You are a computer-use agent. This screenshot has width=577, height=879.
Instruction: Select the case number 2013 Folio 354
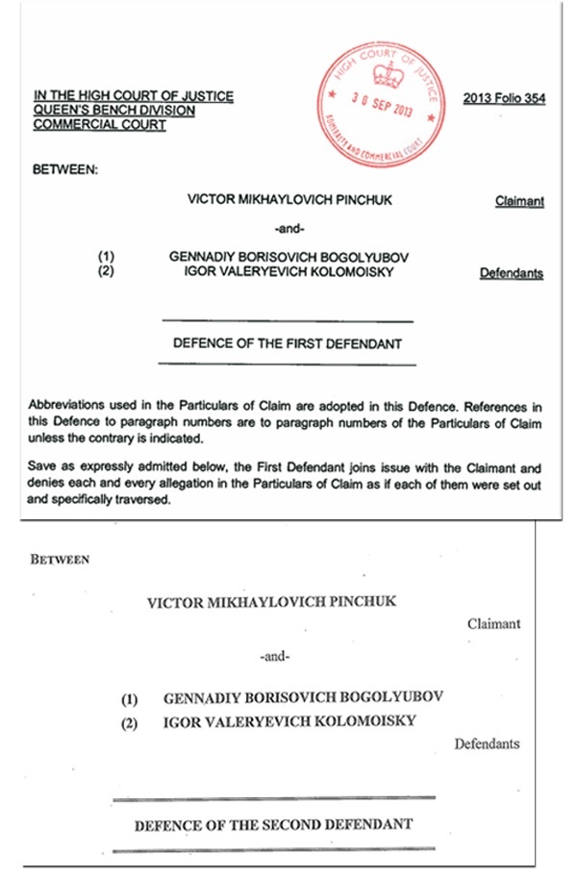[x=504, y=98]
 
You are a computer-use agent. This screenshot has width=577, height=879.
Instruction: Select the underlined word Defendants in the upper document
[x=511, y=273]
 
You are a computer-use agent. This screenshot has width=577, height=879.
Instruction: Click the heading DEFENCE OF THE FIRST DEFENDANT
[x=287, y=342]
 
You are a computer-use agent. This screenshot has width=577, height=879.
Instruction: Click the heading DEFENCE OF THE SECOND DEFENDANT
[x=273, y=824]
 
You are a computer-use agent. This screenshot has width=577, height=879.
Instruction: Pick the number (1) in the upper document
[x=106, y=257]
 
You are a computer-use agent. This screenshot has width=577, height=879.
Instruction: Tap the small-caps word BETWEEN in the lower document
[x=60, y=559]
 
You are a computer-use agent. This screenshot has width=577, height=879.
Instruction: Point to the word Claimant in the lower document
[x=493, y=623]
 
